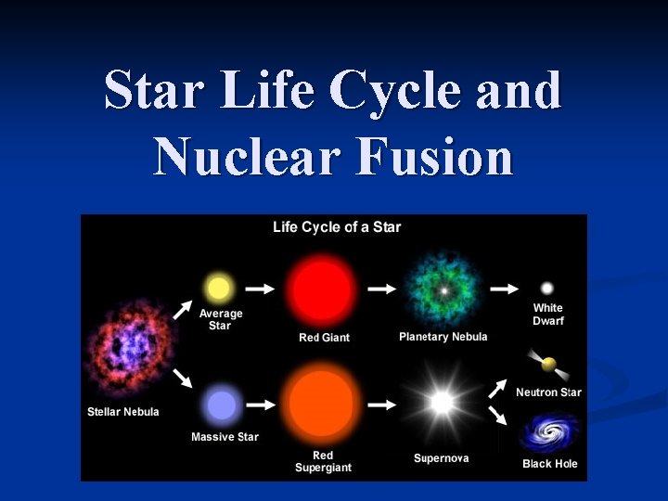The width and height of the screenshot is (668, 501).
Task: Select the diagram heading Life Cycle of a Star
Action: click(337, 227)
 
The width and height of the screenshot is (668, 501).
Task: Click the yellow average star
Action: click(219, 287)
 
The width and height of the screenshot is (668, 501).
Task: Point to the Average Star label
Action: click(220, 320)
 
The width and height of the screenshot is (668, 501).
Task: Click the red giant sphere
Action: click(321, 289)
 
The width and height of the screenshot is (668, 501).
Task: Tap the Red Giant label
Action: click(324, 338)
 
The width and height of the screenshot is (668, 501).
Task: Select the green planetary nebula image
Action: click(443, 289)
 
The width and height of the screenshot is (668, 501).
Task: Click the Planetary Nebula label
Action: click(443, 337)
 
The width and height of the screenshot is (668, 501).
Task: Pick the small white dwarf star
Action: click(547, 289)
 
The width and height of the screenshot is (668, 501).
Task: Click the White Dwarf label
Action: click(547, 315)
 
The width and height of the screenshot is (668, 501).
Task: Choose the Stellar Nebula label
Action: click(123, 412)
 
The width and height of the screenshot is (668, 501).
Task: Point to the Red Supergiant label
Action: click(323, 461)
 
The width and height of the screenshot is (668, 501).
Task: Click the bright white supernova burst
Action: click(442, 403)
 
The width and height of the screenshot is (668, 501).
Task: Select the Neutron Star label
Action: click(548, 392)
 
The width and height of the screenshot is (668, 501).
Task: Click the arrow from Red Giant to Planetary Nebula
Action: click(381, 289)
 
